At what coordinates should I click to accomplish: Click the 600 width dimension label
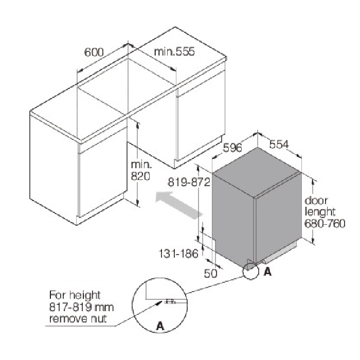pos(94,52)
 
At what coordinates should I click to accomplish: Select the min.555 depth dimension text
pos(174,51)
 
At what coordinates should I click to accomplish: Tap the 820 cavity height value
pos(140,176)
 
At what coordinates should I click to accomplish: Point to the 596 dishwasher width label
pos(232,148)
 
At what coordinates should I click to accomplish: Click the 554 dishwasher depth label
pos(279,145)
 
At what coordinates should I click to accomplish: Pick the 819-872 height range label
pos(189,182)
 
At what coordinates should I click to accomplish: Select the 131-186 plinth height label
pos(178,254)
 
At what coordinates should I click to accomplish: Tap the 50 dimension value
pos(210,273)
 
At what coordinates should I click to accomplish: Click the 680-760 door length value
pos(325,223)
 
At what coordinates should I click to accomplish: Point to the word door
pos(316,201)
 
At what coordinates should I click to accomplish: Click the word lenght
pos(320,212)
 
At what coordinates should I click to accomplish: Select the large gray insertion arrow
pos(179,204)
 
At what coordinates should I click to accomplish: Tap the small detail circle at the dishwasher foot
pos(250,271)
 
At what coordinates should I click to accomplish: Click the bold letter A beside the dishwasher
pos(268,272)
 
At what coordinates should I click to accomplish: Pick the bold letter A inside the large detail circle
pos(160,326)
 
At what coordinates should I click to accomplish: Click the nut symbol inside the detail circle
pos(170,301)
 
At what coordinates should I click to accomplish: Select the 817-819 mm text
pos(81,307)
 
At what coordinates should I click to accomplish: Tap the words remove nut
pos(78,319)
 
